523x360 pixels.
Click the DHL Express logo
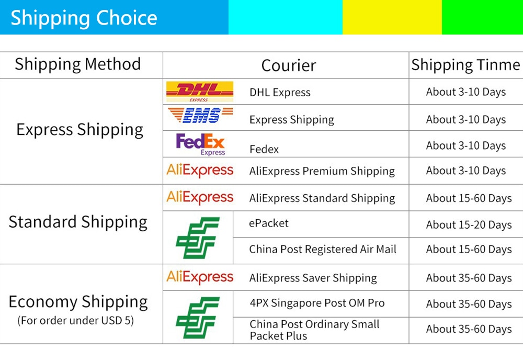click(x=200, y=92)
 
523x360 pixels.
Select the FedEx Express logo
click(x=200, y=144)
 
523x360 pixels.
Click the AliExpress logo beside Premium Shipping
click(x=200, y=171)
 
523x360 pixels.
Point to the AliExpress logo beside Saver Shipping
click(x=200, y=277)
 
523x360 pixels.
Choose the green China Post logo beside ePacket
click(x=198, y=238)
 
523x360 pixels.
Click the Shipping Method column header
click(x=78, y=64)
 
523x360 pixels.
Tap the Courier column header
click(x=289, y=65)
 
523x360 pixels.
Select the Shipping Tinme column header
click(x=465, y=65)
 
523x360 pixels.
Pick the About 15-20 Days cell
click(x=469, y=225)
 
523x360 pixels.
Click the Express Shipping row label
click(x=80, y=130)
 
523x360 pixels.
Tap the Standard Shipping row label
click(x=78, y=222)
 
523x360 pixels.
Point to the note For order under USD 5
click(x=76, y=320)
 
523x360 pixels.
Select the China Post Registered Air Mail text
click(x=323, y=249)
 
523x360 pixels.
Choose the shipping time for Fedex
click(x=466, y=146)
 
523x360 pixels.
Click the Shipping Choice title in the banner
click(x=84, y=18)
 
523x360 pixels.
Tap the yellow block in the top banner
click(x=392, y=17)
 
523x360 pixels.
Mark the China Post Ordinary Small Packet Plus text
click(x=314, y=330)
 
